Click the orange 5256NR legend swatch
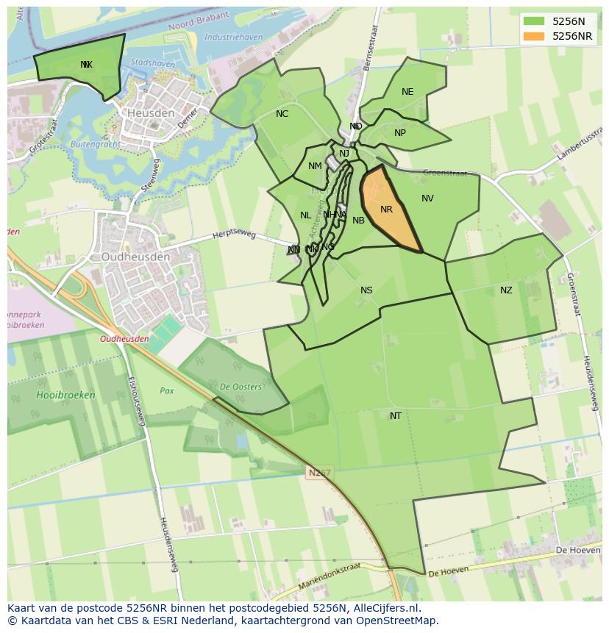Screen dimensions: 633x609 pyautogui.click(x=535, y=36)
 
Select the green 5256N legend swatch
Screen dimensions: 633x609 pyautogui.click(x=535, y=21)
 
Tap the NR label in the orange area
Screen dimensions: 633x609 pyautogui.click(x=386, y=210)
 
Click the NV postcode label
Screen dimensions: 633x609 pyautogui.click(x=427, y=199)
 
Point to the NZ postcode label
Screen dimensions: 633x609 pyautogui.click(x=506, y=290)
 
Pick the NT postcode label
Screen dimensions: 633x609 pyautogui.click(x=396, y=416)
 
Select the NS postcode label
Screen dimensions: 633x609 pyautogui.click(x=366, y=290)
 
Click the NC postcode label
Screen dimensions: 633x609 pyautogui.click(x=282, y=114)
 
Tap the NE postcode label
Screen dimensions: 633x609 pyautogui.click(x=407, y=92)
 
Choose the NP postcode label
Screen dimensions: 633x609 pyautogui.click(x=400, y=133)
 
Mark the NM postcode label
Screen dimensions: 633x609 pyautogui.click(x=315, y=166)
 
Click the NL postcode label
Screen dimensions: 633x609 pyautogui.click(x=305, y=215)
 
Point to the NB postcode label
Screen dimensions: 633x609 pyautogui.click(x=359, y=221)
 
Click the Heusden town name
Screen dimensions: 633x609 pyautogui.click(x=151, y=113)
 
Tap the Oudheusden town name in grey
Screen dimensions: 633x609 pyautogui.click(x=135, y=257)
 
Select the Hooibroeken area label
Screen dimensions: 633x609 pyautogui.click(x=65, y=395)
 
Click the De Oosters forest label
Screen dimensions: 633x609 pyautogui.click(x=240, y=387)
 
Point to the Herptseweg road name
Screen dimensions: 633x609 pyautogui.click(x=234, y=235)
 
